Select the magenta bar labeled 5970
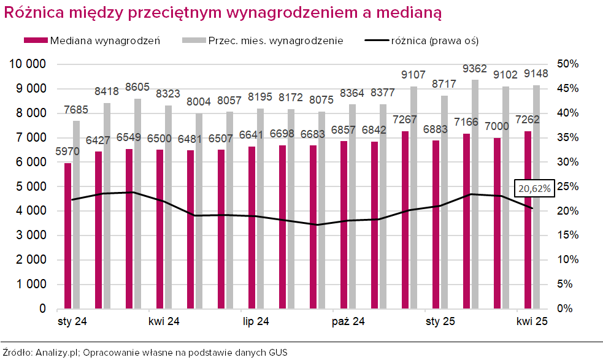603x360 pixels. tap(68, 236)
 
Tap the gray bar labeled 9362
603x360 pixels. tap(475, 194)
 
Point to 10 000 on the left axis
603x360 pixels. tap(29, 64)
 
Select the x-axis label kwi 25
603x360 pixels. tap(532, 321)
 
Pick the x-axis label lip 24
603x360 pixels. tap(256, 321)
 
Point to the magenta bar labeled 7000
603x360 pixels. tap(497, 223)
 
